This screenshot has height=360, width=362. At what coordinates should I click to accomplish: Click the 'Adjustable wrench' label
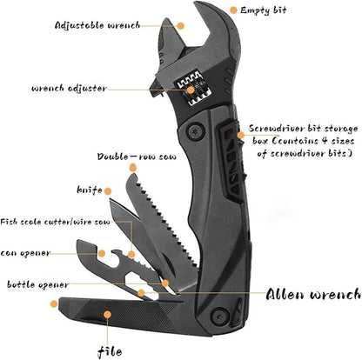click(97, 25)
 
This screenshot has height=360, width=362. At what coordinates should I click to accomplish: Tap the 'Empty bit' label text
click(264, 10)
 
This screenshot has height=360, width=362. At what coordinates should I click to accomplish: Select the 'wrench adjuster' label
click(69, 88)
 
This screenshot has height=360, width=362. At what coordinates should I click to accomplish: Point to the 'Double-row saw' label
click(137, 157)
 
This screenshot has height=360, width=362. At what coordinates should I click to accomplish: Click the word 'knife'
click(90, 190)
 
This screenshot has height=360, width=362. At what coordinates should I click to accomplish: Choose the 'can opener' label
click(25, 253)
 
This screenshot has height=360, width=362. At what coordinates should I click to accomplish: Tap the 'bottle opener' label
click(38, 284)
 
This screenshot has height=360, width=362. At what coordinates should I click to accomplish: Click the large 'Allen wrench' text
click(314, 295)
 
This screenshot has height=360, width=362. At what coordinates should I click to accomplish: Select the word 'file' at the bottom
click(110, 351)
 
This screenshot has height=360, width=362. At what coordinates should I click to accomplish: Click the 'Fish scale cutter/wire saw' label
click(55, 223)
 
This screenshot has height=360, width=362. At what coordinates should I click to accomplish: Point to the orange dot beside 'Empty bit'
click(233, 10)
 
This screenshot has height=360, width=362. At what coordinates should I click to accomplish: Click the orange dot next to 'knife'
click(108, 191)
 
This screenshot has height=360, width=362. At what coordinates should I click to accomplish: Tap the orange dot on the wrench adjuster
click(191, 90)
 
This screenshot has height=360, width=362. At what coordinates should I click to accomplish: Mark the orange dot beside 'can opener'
click(102, 253)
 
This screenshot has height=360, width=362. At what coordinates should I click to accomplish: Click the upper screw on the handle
click(195, 131)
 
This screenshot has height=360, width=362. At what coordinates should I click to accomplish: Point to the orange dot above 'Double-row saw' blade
click(133, 168)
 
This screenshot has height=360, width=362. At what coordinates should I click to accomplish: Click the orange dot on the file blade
click(108, 315)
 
